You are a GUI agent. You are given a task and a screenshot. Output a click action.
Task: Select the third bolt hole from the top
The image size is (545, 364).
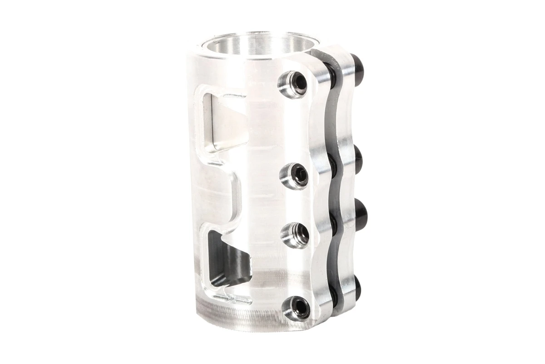pyautogui.click(x=295, y=233)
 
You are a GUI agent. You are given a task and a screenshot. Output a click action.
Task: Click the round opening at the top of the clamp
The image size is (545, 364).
pyautogui.click(x=254, y=45)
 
